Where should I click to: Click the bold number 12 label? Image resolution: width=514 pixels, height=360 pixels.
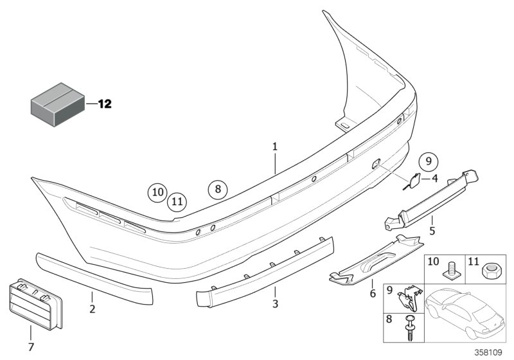pos(104,104)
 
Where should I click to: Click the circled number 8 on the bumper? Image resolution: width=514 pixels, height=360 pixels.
pos(218,189)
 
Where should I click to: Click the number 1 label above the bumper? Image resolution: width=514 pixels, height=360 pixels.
pos(274,147)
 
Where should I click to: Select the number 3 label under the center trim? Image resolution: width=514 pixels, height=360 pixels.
pos(275,303)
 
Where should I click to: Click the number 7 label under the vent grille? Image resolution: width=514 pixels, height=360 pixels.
pos(30,347)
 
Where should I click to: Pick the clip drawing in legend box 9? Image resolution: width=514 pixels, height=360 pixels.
pos(411,298)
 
